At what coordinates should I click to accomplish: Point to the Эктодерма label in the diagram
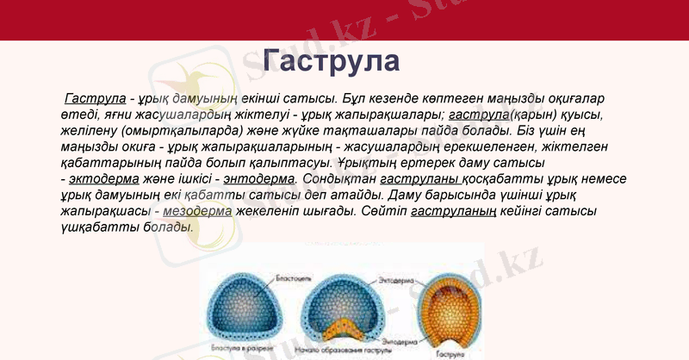[397, 281]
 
